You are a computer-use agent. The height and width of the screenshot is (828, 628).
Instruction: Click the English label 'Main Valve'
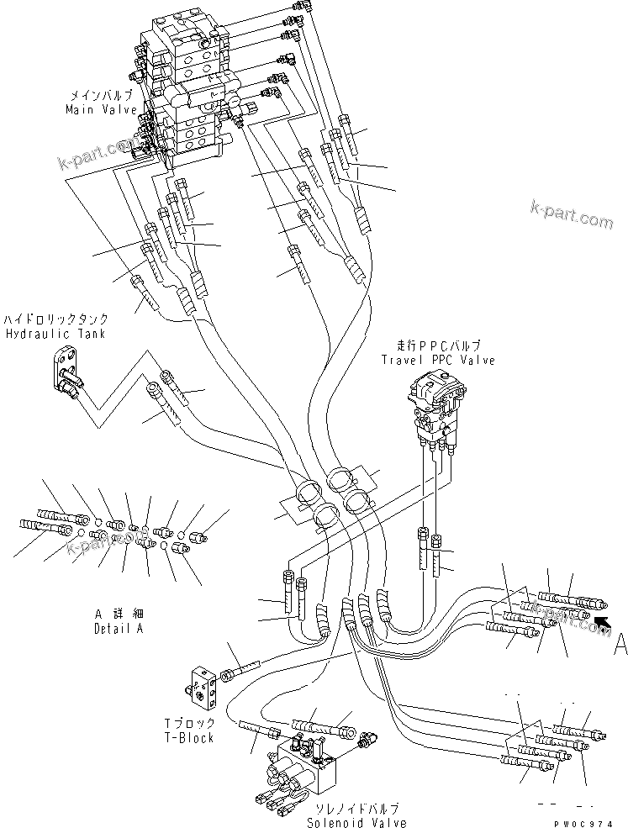point(101,109)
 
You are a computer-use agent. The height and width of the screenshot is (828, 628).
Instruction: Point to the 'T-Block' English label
point(189,738)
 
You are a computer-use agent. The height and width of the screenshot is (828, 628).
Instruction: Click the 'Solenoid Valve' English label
point(356,822)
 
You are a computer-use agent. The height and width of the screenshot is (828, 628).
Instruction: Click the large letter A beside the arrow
point(620,643)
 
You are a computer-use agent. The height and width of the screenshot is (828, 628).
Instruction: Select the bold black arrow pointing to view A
point(602,622)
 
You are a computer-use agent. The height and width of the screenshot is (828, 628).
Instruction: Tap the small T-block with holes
point(203,683)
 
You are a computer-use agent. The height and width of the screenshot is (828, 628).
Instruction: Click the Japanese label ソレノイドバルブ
point(356,809)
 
